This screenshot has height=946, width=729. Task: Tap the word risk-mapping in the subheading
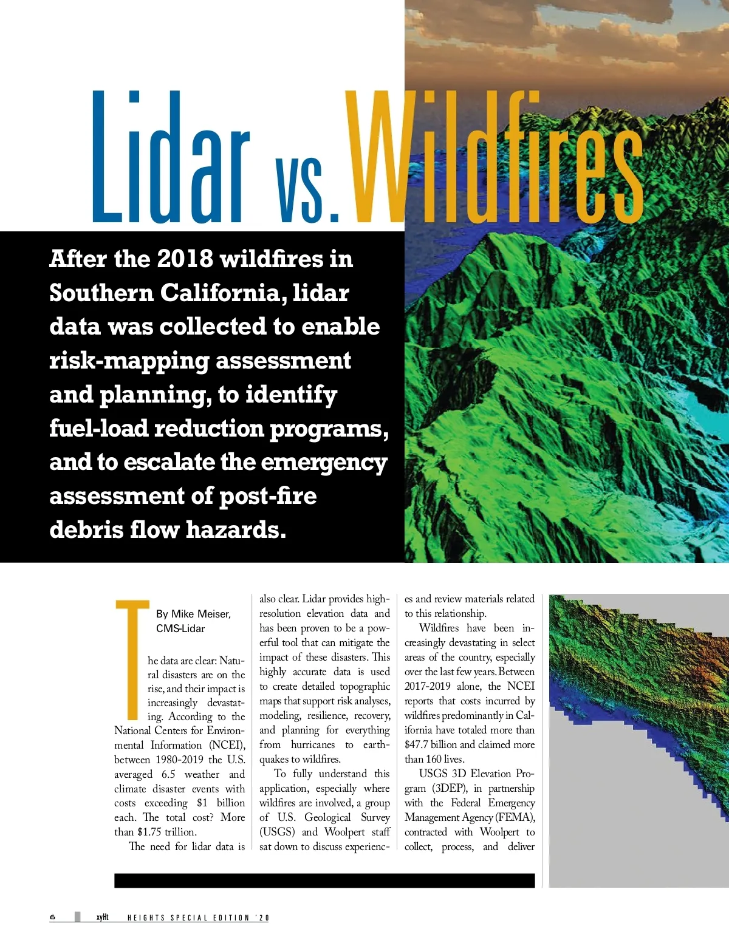click(129, 361)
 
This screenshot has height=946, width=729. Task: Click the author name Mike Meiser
click(200, 614)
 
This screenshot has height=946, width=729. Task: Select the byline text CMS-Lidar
click(180, 628)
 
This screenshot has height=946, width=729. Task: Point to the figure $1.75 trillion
click(166, 832)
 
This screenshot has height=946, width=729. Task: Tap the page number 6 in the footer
click(53, 917)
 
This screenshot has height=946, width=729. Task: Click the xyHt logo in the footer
click(102, 917)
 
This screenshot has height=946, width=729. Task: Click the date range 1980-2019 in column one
click(179, 760)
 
